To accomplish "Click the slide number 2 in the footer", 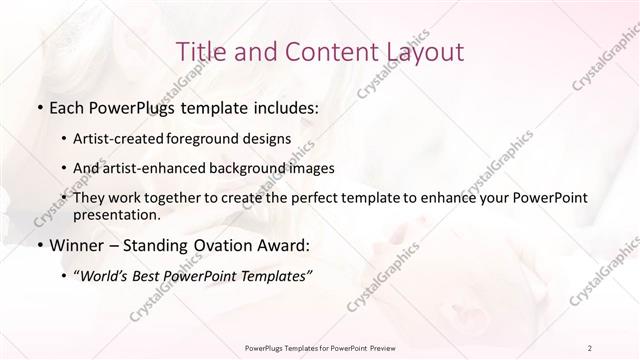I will (x=590, y=347).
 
